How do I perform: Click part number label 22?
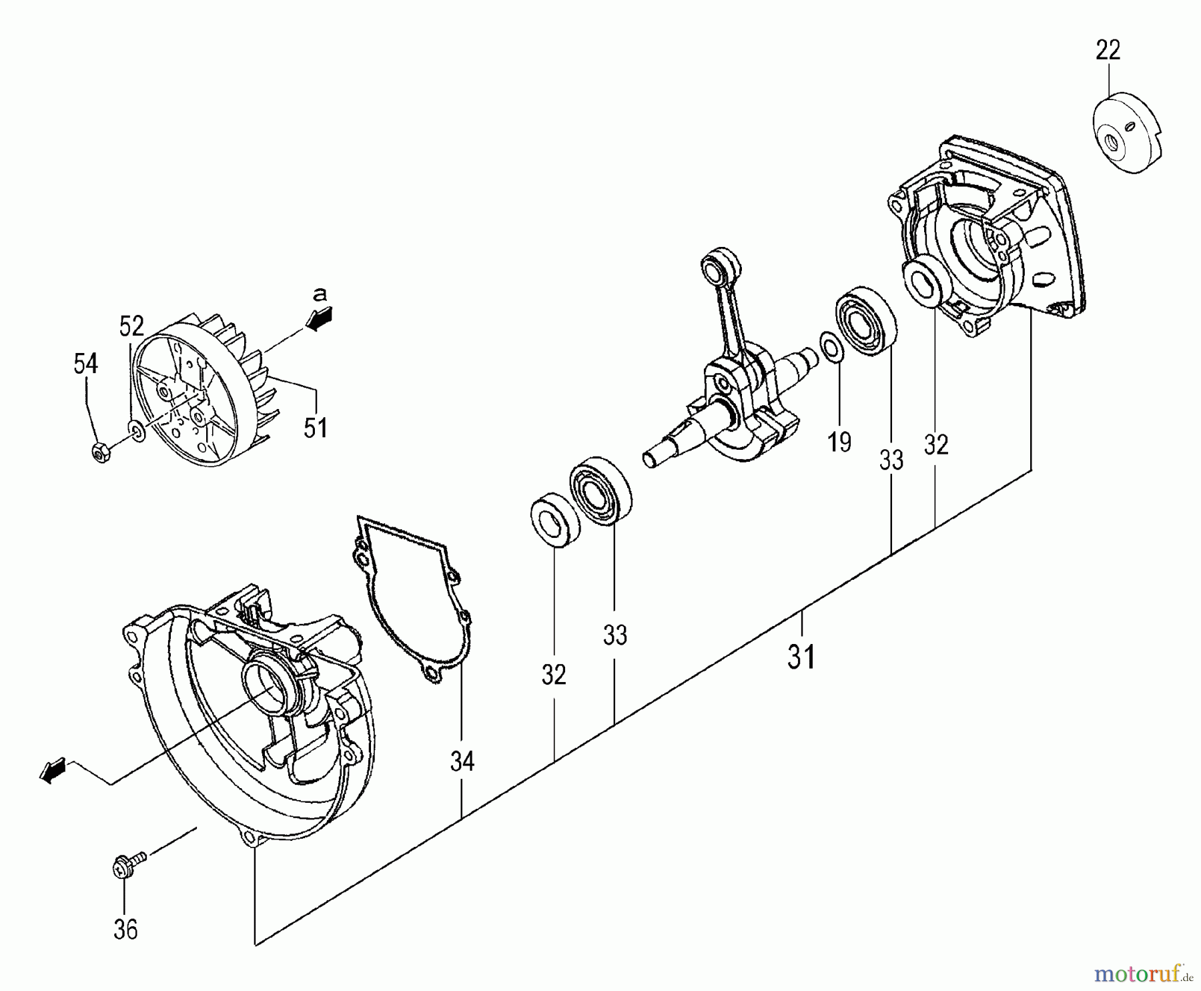pos(1108,50)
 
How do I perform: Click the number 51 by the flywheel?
pos(315,426)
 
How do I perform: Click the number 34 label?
pos(462,761)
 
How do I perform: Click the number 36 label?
pos(125,929)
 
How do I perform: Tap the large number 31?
pos(801,657)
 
